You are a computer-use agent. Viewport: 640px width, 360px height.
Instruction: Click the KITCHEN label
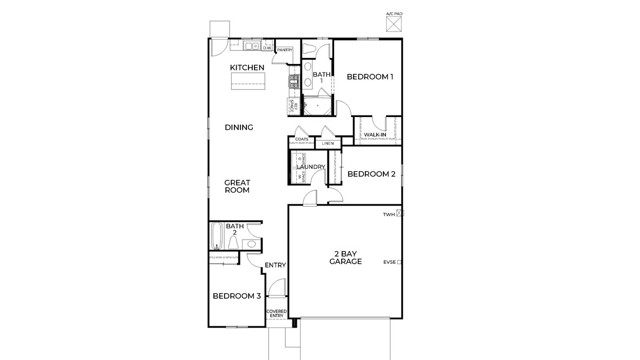click(x=247, y=67)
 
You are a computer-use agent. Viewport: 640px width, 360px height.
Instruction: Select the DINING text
click(x=238, y=127)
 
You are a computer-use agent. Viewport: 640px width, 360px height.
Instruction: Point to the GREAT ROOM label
click(x=237, y=186)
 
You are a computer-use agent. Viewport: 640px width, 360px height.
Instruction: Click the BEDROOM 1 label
click(x=370, y=77)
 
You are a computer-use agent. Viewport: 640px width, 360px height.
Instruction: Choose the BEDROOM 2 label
click(x=372, y=174)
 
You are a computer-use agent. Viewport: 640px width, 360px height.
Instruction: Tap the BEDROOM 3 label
click(x=237, y=296)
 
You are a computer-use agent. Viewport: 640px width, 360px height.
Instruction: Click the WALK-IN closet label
click(x=376, y=134)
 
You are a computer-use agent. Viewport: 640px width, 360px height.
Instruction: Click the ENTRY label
click(x=275, y=265)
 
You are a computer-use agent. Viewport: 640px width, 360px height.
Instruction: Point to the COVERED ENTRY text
click(x=275, y=314)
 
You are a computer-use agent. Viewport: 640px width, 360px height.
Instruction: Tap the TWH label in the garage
click(x=389, y=215)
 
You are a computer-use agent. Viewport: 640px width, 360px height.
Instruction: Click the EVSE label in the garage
click(x=389, y=262)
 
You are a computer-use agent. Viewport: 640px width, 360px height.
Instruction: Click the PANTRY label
click(x=285, y=48)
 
